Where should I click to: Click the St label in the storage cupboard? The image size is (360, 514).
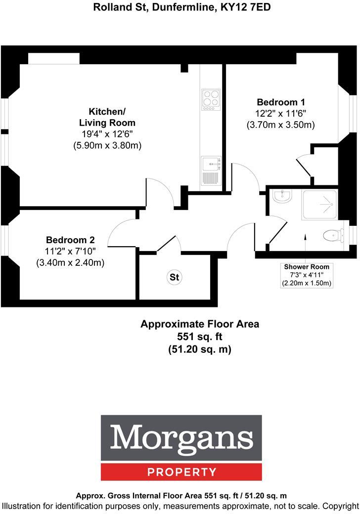point(174,277)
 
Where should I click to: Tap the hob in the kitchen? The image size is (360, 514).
point(211,99)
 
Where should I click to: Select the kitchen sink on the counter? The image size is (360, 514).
point(211,162)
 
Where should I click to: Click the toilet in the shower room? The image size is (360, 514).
point(332,235)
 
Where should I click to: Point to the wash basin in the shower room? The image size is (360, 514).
point(283,197)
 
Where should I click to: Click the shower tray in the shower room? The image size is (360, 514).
point(319,205)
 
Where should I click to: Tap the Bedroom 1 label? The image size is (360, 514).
point(280,102)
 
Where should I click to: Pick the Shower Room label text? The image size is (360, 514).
point(307,267)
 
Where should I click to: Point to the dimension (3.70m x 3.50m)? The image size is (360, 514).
point(280,125)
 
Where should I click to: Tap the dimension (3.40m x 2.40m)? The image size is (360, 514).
point(70,262)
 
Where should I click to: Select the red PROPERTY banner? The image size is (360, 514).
point(181,472)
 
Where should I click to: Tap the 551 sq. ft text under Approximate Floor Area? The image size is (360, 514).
point(200,337)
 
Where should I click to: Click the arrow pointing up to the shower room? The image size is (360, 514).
point(306,242)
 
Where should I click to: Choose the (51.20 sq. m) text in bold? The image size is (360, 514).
point(200,349)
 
